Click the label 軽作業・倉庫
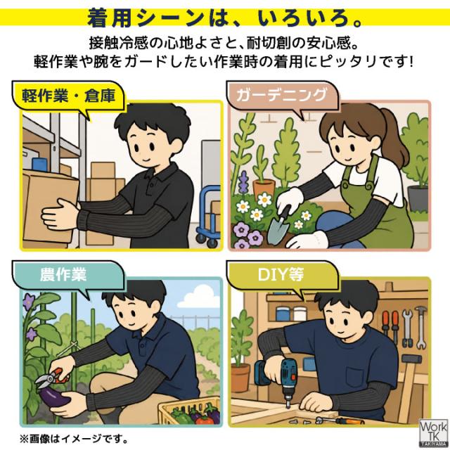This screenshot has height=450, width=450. (69, 96)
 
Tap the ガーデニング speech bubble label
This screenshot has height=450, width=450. (281, 95)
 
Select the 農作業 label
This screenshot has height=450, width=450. (63, 274)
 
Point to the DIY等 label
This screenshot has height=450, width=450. (281, 274)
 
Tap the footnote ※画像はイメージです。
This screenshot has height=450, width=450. (73, 439)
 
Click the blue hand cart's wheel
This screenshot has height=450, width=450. (212, 243)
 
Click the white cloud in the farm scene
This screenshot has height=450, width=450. (198, 297)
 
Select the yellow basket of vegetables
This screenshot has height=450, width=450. (191, 411)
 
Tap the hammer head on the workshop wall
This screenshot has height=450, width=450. (412, 359)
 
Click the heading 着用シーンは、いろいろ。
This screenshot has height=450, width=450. (224, 18)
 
